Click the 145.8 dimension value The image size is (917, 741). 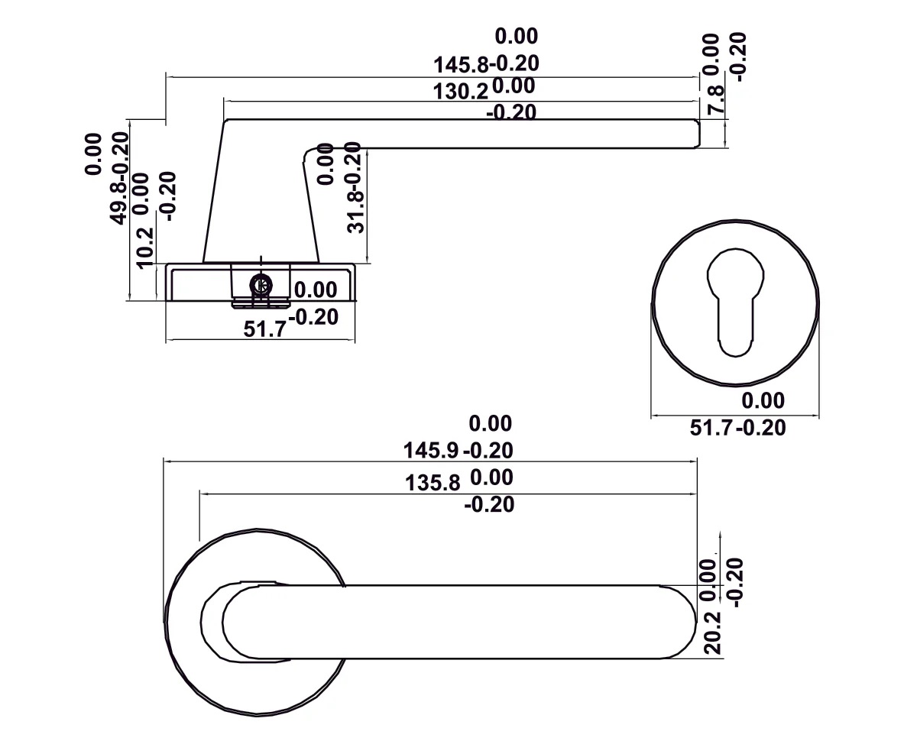[x=460, y=63]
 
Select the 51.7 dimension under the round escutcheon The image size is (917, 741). [x=713, y=428]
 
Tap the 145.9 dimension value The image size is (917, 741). [x=430, y=450]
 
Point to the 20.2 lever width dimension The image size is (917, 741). [x=713, y=633]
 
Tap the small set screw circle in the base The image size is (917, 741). [x=261, y=285]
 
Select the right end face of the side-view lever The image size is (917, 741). [x=698, y=133]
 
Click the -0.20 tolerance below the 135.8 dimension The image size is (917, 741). [x=489, y=504]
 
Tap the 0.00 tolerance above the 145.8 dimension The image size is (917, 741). [x=517, y=36]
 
